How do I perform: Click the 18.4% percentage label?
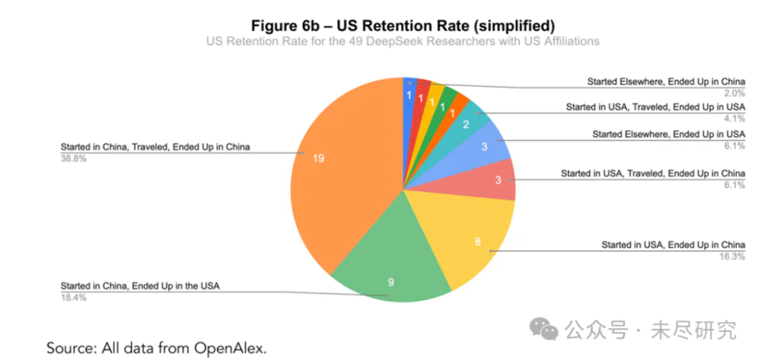click(x=74, y=298)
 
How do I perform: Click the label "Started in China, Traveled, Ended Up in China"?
click(x=155, y=147)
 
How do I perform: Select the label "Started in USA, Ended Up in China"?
click(x=673, y=245)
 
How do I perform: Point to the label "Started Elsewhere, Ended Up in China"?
click(x=666, y=81)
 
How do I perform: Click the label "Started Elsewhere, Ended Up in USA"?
click(x=669, y=135)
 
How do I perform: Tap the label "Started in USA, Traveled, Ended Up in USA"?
click(x=655, y=108)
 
